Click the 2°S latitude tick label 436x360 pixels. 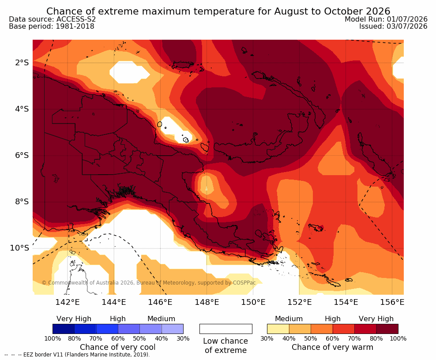coord(22,63)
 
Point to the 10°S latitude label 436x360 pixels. coord(19,247)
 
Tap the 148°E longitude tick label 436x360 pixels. coord(207,302)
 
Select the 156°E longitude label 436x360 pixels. coord(392,302)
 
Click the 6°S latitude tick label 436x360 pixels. coord(22,155)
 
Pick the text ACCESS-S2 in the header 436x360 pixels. coord(76,19)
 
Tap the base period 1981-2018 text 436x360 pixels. coord(75,26)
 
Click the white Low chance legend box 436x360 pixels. coord(226,329)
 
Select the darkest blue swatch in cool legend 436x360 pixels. coord(64,329)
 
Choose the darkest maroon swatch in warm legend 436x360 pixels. coord(387,329)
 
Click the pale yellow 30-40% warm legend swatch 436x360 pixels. coord(278,329)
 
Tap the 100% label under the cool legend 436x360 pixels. coord(53,338)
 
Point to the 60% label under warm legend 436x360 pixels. coord(333,338)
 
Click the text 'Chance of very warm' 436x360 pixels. coord(332,347)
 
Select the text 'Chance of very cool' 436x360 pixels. coord(118,347)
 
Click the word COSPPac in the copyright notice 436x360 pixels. coord(244,283)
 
